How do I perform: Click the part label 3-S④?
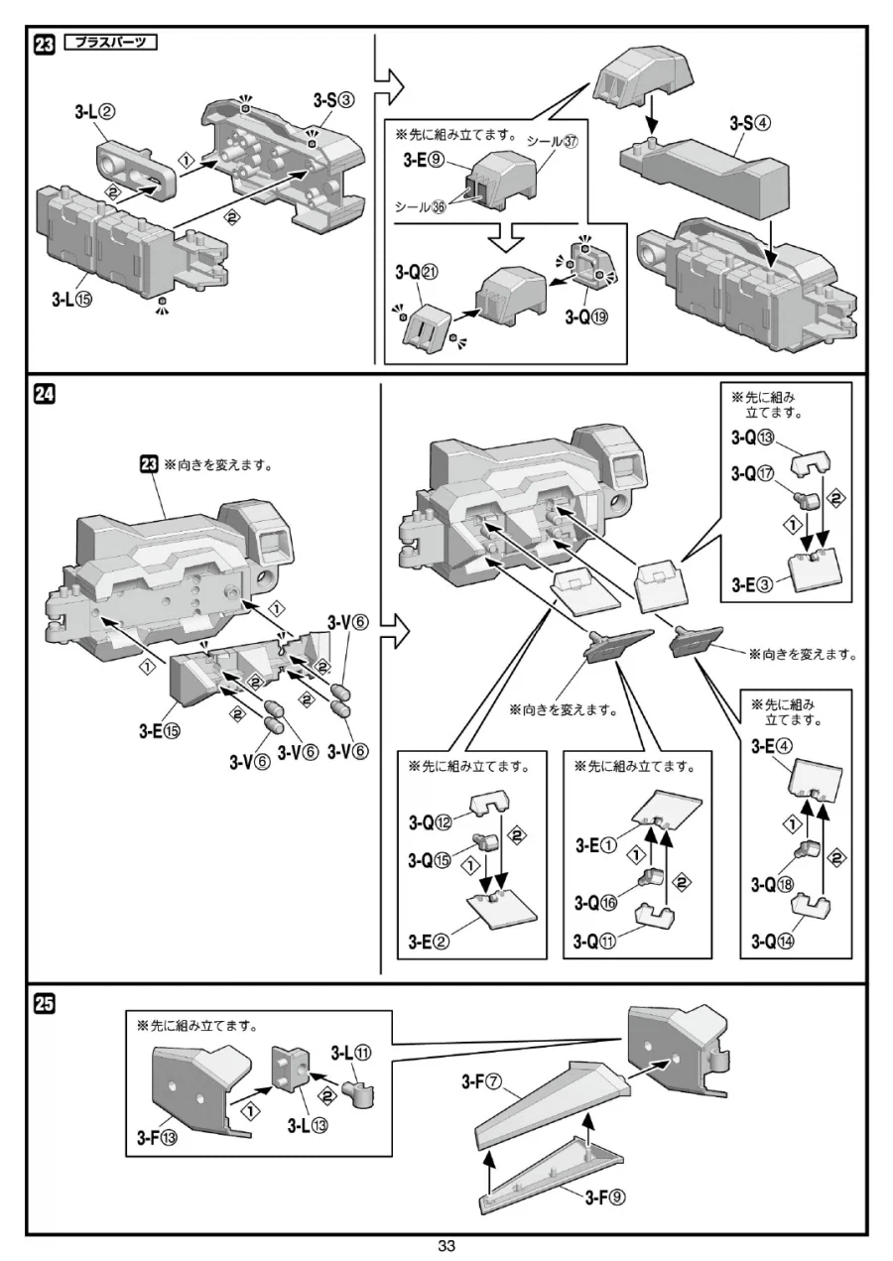click(751, 124)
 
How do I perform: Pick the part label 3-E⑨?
click(426, 161)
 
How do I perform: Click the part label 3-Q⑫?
click(432, 821)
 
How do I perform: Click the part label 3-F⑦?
click(483, 1082)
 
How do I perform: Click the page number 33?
click(446, 1247)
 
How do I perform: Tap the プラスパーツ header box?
click(110, 43)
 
